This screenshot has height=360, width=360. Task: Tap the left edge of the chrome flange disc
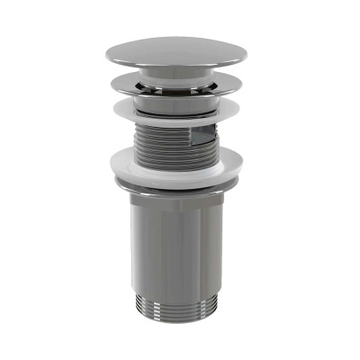[x=113, y=87]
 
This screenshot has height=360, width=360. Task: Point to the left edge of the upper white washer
[x=115, y=111]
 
